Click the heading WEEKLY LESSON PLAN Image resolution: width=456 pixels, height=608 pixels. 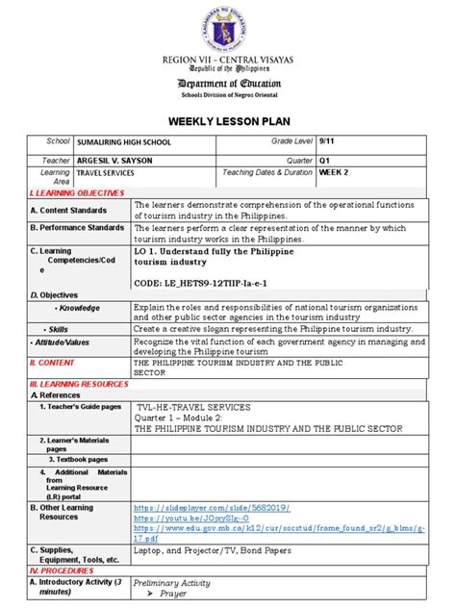227,124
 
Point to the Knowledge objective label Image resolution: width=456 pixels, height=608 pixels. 79,307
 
